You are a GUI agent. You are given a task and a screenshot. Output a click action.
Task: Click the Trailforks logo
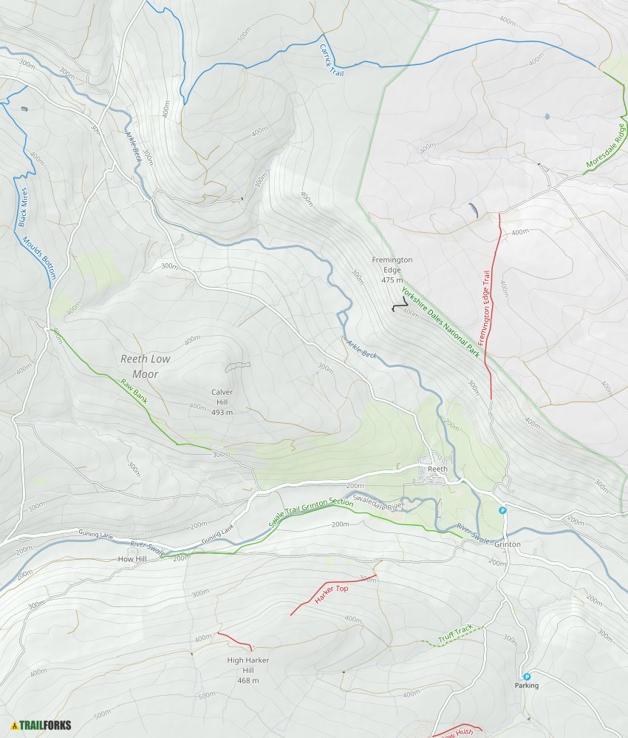[x=41, y=725]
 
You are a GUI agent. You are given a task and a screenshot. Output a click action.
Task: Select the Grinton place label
[x=508, y=544]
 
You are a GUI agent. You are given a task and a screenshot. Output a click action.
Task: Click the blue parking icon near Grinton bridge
[x=502, y=510]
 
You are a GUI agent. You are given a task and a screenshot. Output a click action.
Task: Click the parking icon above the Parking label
[x=527, y=676]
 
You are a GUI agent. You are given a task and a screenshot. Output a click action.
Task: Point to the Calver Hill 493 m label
[x=222, y=402]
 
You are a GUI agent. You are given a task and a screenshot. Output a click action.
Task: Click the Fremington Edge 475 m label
[x=392, y=270]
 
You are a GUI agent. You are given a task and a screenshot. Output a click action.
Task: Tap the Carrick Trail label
[x=327, y=58]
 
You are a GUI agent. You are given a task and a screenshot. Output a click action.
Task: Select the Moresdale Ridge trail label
[x=607, y=144]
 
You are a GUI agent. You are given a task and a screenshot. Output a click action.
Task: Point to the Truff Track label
[x=454, y=634]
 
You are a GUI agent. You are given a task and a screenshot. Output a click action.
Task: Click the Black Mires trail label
[x=23, y=207]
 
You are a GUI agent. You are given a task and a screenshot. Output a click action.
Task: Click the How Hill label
[x=132, y=559]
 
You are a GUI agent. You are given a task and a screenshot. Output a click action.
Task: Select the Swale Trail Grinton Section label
[x=311, y=512]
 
